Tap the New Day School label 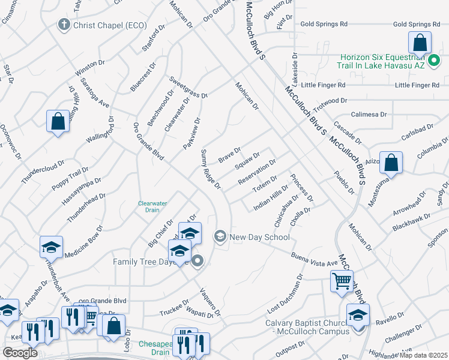(259, 237)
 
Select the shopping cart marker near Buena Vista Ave (342, 281)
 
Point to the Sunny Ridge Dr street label (211, 170)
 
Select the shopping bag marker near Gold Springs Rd (420, 43)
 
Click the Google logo (20, 352)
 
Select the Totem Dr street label (264, 184)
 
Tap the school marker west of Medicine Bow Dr (52, 247)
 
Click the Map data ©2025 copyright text (423, 355)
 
